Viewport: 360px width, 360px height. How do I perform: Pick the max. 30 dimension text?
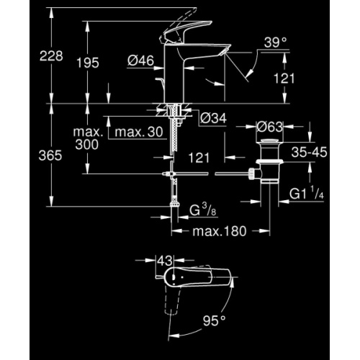[x=135, y=132]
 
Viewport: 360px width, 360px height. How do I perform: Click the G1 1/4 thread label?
[x=307, y=194]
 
